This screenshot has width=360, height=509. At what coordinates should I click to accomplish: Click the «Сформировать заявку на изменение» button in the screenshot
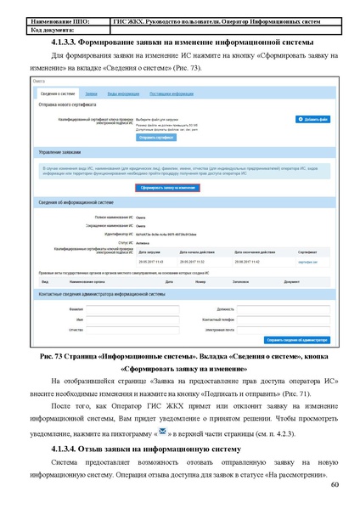click(x=167, y=187)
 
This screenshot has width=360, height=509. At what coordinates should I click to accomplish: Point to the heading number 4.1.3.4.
click(x=69, y=448)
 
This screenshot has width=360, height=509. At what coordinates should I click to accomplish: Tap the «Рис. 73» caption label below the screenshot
click(x=63, y=359)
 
